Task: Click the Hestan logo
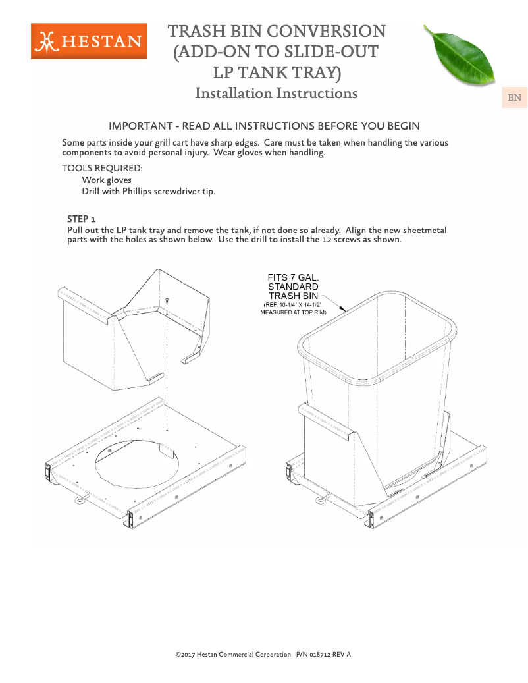coord(89,41)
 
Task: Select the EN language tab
coord(514,98)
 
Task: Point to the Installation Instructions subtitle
coord(276,93)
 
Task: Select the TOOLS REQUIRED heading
coord(102,168)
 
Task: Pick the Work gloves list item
coord(107,180)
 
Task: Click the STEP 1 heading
coord(82,218)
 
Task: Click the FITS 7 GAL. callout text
coord(293,277)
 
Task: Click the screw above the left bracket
coord(168,300)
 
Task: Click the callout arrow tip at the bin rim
coord(348,310)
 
